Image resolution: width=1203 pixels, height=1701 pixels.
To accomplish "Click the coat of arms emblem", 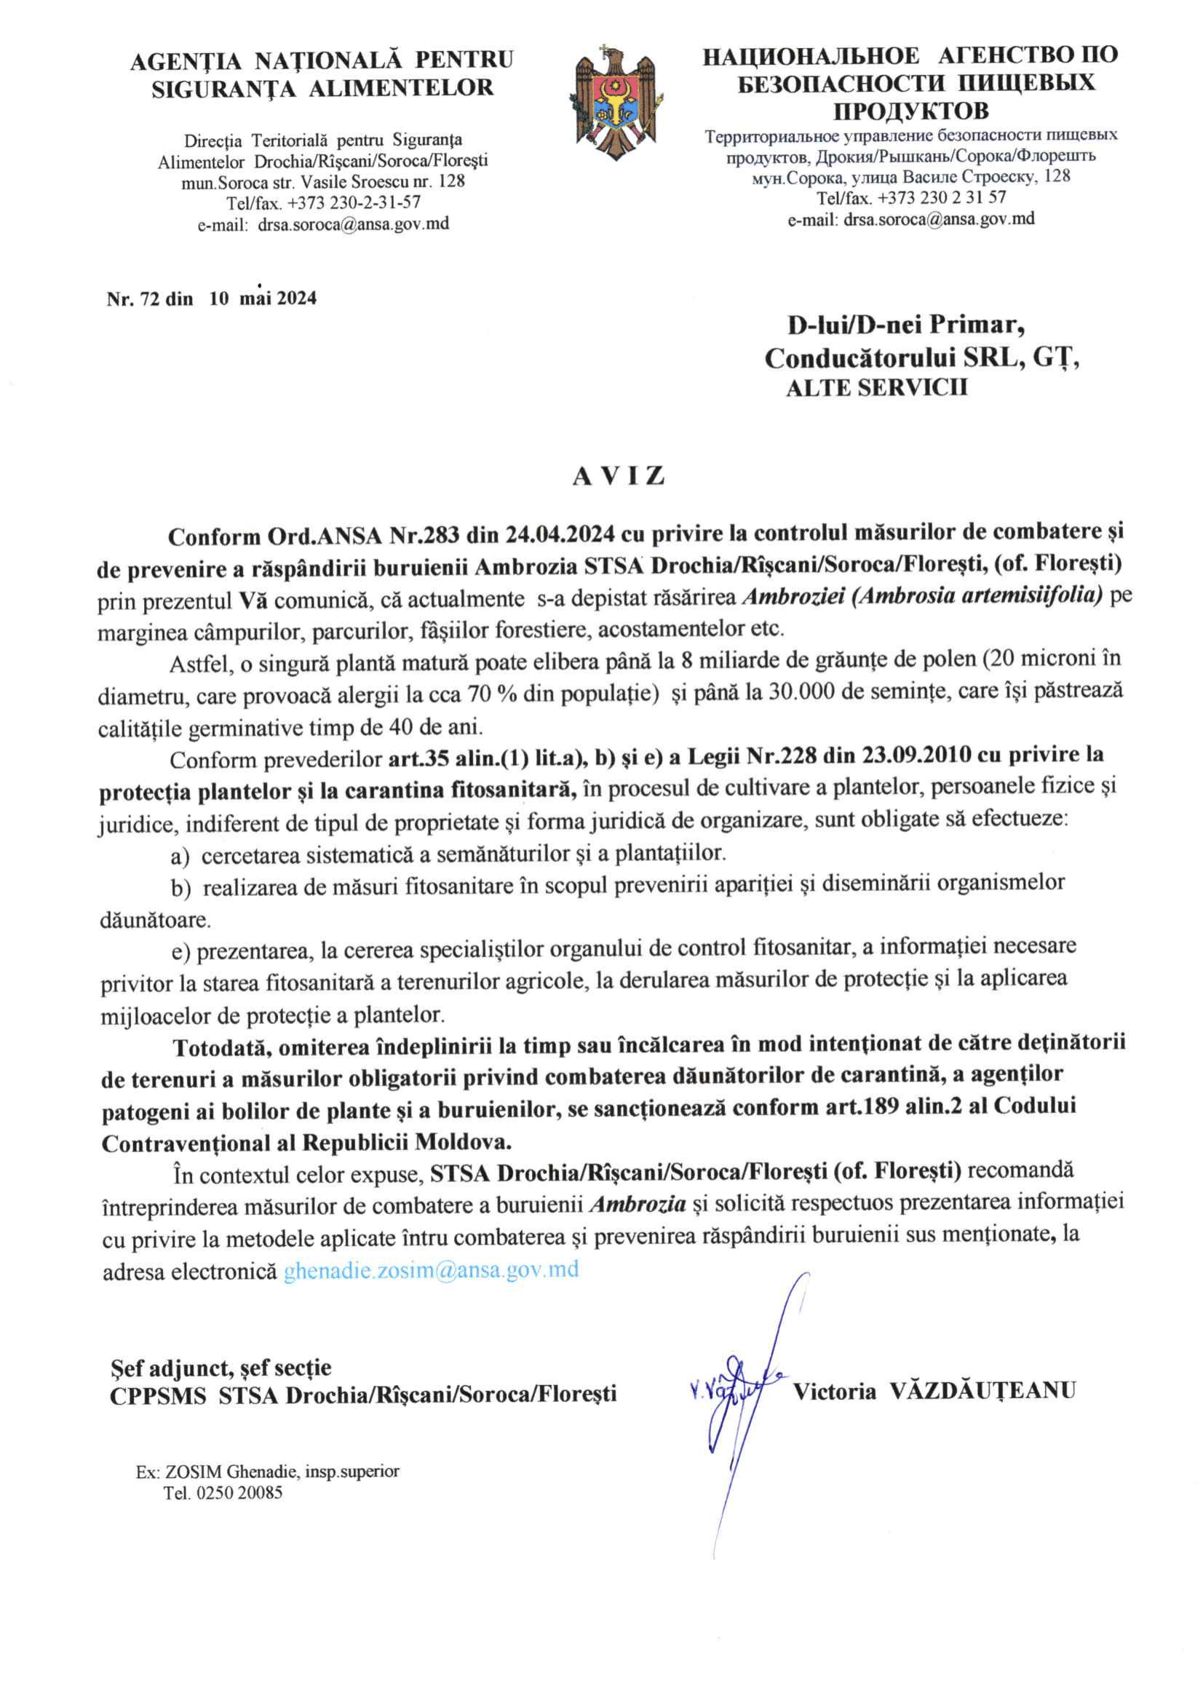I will click(616, 102).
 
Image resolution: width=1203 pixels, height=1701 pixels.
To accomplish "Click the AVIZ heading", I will click(619, 475).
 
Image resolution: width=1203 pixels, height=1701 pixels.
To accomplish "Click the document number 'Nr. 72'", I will click(133, 298).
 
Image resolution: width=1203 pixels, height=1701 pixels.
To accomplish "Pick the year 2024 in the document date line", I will click(297, 298).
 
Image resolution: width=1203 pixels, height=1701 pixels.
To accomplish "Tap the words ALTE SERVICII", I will click(876, 387).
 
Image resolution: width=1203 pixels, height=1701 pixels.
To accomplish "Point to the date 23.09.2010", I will click(916, 755).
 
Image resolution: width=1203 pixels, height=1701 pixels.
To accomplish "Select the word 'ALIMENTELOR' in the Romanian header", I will click(401, 88).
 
